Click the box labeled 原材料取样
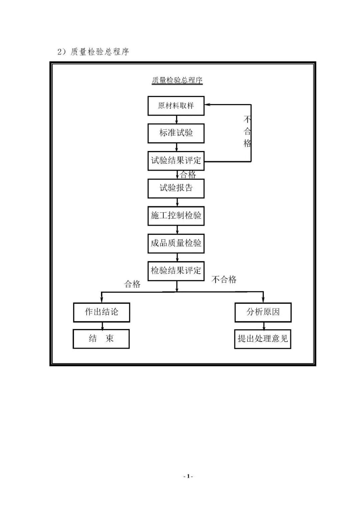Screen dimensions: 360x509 [176, 106]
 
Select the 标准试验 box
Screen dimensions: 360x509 [176, 133]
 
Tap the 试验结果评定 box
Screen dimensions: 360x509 [176, 161]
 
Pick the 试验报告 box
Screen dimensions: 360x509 [176, 188]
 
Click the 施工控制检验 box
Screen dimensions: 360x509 [176, 216]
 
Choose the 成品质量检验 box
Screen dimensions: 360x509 [176, 243]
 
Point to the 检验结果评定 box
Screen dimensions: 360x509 [176, 271]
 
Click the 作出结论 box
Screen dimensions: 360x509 [102, 312]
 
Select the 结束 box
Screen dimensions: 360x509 [101, 339]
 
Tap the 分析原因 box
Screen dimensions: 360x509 [263, 312]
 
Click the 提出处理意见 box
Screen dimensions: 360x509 [263, 339]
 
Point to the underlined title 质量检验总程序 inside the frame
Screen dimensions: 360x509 [177, 80]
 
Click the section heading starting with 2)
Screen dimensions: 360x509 [93, 52]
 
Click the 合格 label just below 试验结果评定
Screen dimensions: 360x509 [188, 175]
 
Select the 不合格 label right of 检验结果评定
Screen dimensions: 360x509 [224, 279]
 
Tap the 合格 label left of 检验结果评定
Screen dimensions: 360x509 [132, 284]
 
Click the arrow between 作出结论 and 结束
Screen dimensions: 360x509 [102, 326]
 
